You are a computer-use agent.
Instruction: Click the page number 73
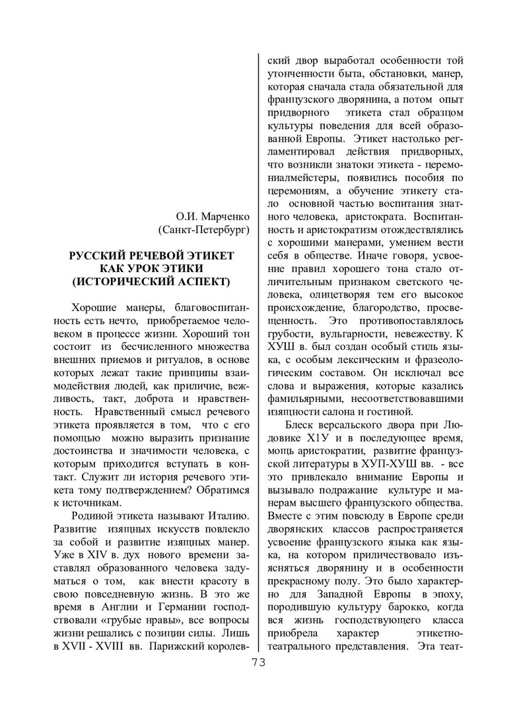point(258,663)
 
